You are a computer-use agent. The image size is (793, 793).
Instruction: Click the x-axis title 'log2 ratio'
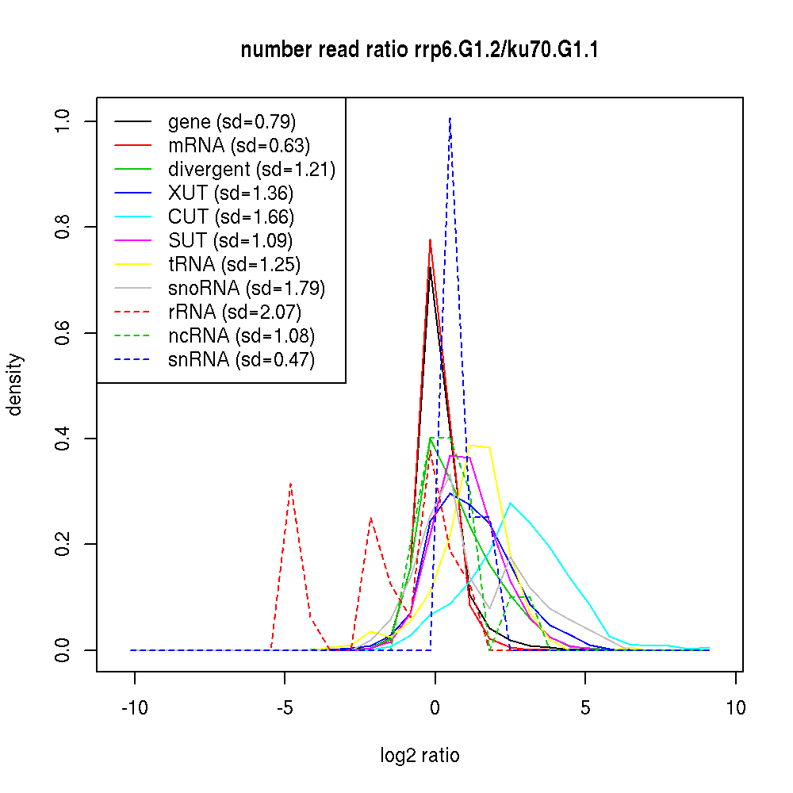pyautogui.click(x=419, y=756)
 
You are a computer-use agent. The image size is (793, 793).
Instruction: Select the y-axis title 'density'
pyautogui.click(x=15, y=385)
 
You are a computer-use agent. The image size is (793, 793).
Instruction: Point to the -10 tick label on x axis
pyautogui.click(x=134, y=708)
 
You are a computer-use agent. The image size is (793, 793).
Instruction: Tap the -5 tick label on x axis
pyautogui.click(x=285, y=708)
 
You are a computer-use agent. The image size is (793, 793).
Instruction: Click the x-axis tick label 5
pyautogui.click(x=585, y=708)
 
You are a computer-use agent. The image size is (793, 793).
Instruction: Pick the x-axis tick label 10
pyautogui.click(x=736, y=708)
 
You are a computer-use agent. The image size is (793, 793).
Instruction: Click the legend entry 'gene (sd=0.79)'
pyautogui.click(x=232, y=122)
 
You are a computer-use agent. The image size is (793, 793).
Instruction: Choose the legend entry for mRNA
pyautogui.click(x=239, y=146)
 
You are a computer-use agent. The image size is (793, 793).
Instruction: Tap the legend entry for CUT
pyautogui.click(x=231, y=217)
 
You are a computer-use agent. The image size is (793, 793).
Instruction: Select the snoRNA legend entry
pyautogui.click(x=247, y=289)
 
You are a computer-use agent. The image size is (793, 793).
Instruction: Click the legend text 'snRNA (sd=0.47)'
pyautogui.click(x=241, y=360)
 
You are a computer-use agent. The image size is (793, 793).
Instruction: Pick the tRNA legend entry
pyautogui.click(x=234, y=265)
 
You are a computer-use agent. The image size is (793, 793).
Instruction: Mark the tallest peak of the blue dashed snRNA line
pyautogui.click(x=450, y=118)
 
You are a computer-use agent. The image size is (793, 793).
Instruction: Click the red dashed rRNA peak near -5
pyautogui.click(x=291, y=483)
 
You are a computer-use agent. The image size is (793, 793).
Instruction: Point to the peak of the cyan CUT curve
pyautogui.click(x=511, y=503)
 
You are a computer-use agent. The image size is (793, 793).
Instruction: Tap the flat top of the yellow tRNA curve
pyautogui.click(x=480, y=446)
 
